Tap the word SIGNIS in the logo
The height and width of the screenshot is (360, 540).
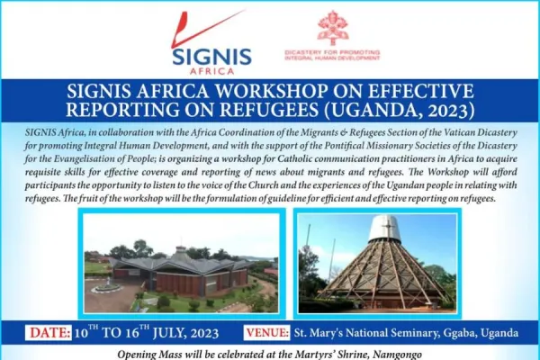click(212, 56)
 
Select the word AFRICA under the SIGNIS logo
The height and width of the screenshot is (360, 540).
click(212, 71)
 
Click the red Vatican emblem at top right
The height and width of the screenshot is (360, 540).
click(332, 28)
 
